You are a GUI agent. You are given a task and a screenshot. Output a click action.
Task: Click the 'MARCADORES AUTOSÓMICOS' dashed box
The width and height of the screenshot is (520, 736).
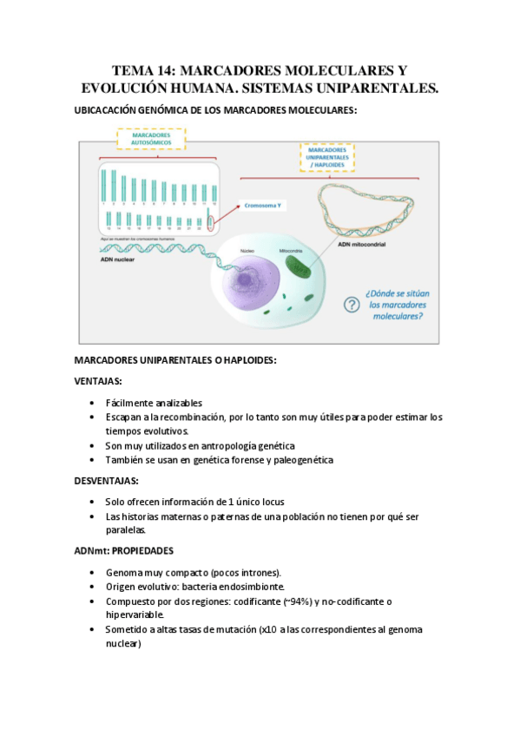pyautogui.click(x=150, y=140)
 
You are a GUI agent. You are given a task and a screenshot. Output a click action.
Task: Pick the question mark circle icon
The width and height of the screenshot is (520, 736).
pyautogui.click(x=350, y=305)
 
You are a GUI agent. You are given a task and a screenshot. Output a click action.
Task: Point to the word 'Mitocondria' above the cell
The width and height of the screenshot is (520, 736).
pyautogui.click(x=290, y=251)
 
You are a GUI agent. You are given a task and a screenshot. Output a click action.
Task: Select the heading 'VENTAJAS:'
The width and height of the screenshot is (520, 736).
pyautogui.click(x=98, y=381)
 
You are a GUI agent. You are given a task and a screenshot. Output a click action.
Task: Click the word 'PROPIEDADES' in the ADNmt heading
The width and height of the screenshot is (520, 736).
pyautogui.click(x=144, y=550)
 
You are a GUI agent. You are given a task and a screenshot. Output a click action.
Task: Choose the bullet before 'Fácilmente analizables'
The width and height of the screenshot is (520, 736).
pyautogui.click(x=93, y=403)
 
